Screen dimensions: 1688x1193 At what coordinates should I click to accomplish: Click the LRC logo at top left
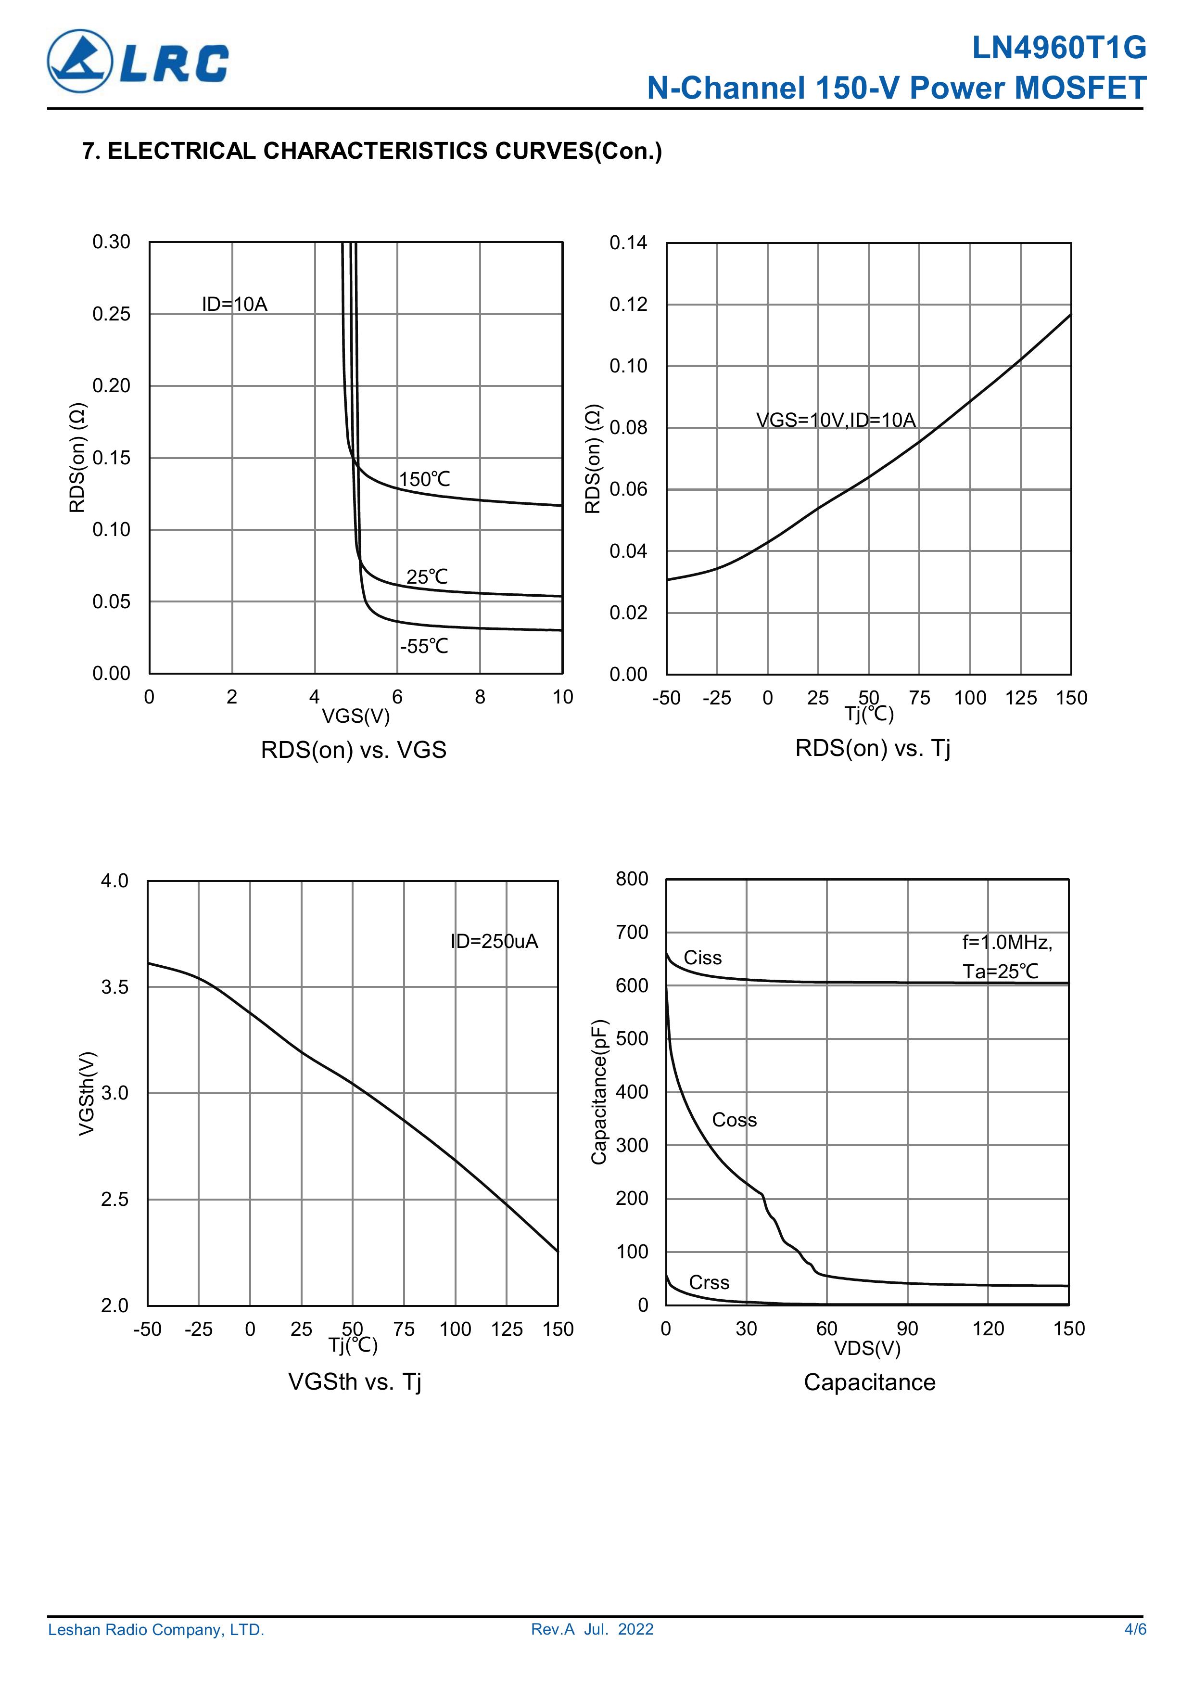tap(138, 61)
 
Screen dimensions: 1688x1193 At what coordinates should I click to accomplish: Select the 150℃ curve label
tap(424, 479)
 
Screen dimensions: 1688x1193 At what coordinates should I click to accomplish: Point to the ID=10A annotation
tap(234, 305)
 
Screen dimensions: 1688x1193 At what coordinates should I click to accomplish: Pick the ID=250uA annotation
tap(494, 941)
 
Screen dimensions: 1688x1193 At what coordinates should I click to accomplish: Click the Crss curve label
tap(709, 1282)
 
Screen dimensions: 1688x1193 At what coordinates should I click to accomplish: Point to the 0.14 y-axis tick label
tap(628, 243)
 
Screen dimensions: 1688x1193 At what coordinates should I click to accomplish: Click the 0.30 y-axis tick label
tap(111, 242)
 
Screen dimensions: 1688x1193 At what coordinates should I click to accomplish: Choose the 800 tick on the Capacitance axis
tap(632, 879)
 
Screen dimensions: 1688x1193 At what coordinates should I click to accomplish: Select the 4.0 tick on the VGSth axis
tap(114, 881)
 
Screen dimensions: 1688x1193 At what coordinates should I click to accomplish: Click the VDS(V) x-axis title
tap(867, 1348)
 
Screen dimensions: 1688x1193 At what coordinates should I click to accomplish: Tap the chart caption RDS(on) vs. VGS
tap(354, 750)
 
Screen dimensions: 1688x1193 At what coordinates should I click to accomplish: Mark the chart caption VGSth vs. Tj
tap(355, 1381)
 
